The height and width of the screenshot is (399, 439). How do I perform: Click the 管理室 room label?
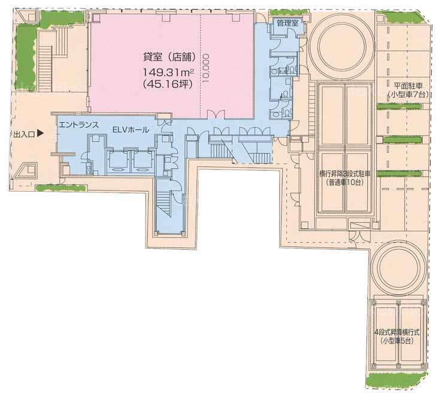click(287, 23)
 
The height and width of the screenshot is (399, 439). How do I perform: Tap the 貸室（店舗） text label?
click(169, 57)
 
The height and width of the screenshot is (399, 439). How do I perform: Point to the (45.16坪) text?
click(168, 84)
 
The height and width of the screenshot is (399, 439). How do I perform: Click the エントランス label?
click(79, 125)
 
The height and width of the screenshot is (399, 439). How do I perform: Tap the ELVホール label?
click(131, 129)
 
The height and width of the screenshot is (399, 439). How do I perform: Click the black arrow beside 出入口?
click(41, 134)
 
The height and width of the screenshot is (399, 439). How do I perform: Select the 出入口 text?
click(24, 135)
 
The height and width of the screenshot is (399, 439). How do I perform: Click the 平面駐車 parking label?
click(408, 86)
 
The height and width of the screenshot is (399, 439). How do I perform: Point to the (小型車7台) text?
click(408, 95)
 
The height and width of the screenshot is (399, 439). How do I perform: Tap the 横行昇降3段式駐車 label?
click(345, 174)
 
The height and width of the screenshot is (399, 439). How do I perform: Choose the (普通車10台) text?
click(344, 183)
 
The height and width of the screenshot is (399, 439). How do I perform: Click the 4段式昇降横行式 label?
click(397, 332)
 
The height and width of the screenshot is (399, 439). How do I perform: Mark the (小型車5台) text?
click(397, 341)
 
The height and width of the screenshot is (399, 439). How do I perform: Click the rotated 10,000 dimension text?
click(207, 68)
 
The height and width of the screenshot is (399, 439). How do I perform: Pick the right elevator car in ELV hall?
click(143, 162)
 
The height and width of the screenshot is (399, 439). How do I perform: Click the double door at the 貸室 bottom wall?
click(216, 114)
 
